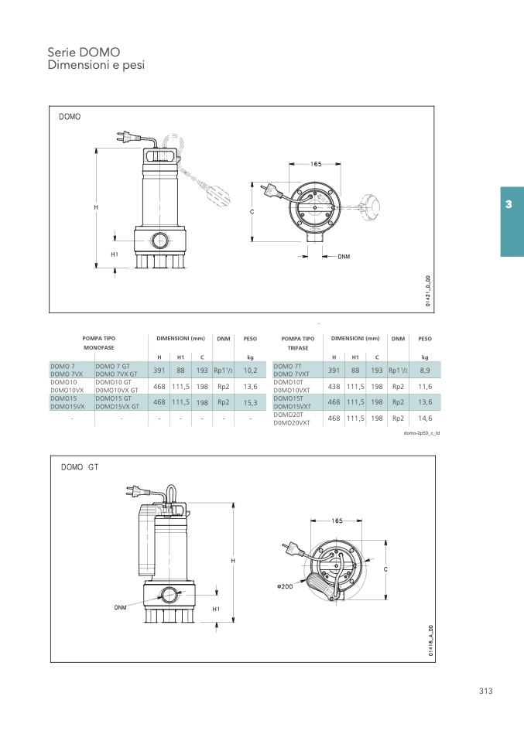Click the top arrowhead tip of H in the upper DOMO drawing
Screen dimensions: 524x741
(x=96, y=149)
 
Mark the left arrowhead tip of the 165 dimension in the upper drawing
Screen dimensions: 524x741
(x=289, y=164)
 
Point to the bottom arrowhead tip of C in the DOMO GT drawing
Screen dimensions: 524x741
(x=386, y=599)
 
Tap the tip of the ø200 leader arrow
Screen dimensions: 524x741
(x=307, y=579)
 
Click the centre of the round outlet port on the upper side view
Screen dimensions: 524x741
(x=159, y=241)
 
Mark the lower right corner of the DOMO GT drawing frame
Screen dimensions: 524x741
(x=435, y=662)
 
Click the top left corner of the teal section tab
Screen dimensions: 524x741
(x=501, y=187)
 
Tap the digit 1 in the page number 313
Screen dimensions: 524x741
(x=486, y=691)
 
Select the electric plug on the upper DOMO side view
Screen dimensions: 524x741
(x=125, y=137)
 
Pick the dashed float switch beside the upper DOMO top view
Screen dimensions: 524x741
(x=371, y=207)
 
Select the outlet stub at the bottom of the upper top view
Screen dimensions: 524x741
(x=314, y=236)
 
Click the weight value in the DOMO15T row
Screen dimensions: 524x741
(x=425, y=402)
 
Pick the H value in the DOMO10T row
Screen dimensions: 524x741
(x=334, y=387)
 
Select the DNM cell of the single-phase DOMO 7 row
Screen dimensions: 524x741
(x=223, y=370)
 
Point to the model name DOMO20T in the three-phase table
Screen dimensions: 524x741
(x=289, y=415)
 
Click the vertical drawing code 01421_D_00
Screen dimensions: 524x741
(x=427, y=292)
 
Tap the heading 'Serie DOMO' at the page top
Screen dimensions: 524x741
(x=84, y=52)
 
